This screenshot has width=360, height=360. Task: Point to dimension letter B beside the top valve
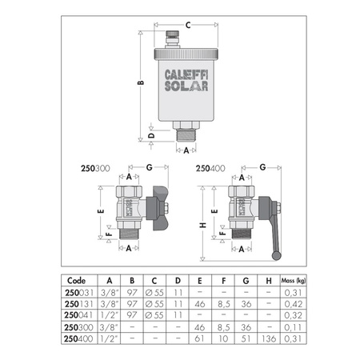pyautogui.click(x=141, y=83)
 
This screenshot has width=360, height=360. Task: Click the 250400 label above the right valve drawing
pyautogui.click(x=209, y=170)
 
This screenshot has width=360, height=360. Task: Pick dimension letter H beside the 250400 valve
pyautogui.click(x=204, y=226)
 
